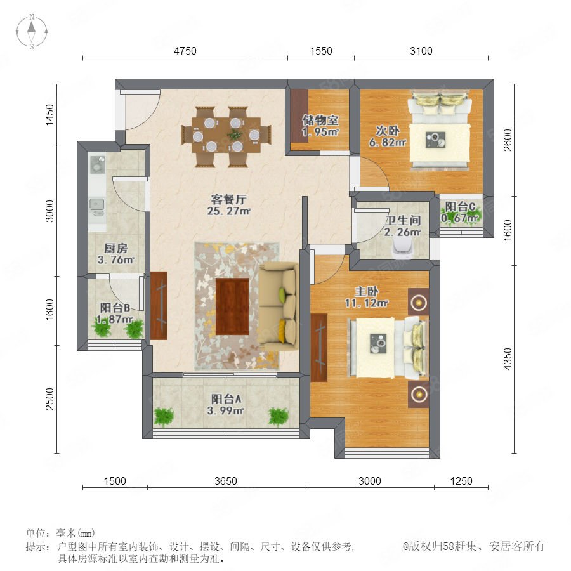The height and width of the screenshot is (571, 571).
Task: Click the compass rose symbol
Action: pyautogui.click(x=32, y=32)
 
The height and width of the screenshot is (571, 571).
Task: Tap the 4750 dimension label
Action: pyautogui.click(x=185, y=51)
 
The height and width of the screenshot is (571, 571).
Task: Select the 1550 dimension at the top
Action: pyautogui.click(x=321, y=51)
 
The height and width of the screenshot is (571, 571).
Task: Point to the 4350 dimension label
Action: pyautogui.click(x=508, y=359)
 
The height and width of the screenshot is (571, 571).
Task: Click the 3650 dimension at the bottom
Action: pyautogui.click(x=226, y=481)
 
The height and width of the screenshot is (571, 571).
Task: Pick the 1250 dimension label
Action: pyautogui.click(x=461, y=481)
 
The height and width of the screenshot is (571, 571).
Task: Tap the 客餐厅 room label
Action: pyautogui.click(x=228, y=200)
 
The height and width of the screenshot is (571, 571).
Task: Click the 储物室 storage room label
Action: pyautogui.click(x=320, y=120)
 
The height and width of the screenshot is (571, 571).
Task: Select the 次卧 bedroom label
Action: pyautogui.click(x=388, y=130)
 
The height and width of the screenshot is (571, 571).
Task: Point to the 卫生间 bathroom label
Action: pyautogui.click(x=403, y=220)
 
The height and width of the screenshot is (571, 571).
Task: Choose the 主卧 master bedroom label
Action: pyautogui.click(x=367, y=291)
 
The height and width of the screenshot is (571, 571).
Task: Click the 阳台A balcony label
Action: pyautogui.click(x=226, y=399)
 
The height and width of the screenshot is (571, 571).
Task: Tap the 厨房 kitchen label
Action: pyautogui.click(x=116, y=248)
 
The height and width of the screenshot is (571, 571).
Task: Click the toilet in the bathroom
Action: pyautogui.click(x=402, y=249)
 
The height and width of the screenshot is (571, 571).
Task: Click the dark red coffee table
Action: pyautogui.click(x=232, y=306)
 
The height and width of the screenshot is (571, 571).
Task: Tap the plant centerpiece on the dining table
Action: pyautogui.click(x=234, y=134)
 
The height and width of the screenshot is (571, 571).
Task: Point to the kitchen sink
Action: pyautogui.click(x=96, y=206)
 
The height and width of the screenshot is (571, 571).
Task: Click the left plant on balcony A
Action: pyautogui.click(x=164, y=417)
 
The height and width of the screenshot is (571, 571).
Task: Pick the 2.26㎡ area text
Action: pyautogui.click(x=402, y=232)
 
